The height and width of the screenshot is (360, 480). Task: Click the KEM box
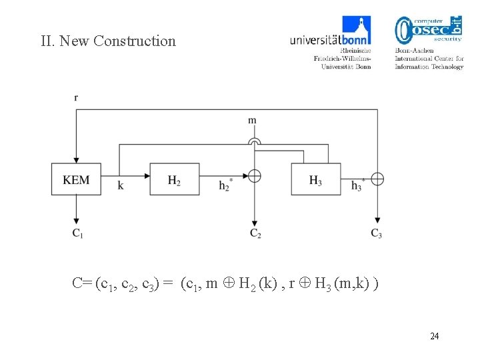[x=76, y=179]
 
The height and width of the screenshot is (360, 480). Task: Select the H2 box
[x=174, y=179]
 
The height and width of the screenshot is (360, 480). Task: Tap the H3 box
[x=316, y=179]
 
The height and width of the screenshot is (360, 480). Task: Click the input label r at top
[x=76, y=98]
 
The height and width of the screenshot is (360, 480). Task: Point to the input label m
[x=252, y=121]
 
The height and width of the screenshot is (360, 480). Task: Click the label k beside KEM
[x=120, y=186]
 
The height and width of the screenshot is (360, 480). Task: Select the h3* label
[x=358, y=185]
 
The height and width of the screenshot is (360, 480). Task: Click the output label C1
[x=77, y=233]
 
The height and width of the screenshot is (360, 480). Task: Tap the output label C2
[x=255, y=233]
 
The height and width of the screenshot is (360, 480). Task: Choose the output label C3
[x=377, y=233]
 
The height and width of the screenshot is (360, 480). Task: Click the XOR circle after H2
[x=254, y=177]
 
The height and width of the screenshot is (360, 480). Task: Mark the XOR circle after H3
[x=377, y=178]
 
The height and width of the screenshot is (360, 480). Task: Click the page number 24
[x=434, y=336]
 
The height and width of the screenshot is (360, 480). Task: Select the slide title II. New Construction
[x=108, y=41]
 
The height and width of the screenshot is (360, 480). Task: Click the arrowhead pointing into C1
[x=77, y=221]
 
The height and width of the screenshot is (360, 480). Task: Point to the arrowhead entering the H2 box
[x=146, y=176]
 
